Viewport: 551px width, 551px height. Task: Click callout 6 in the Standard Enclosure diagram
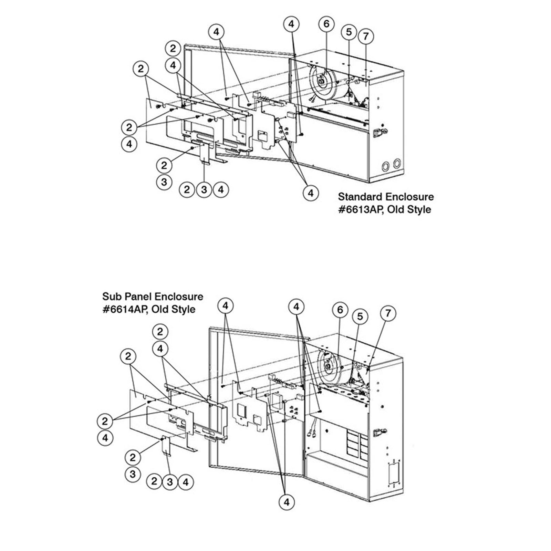326,24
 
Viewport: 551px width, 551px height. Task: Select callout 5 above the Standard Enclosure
349,32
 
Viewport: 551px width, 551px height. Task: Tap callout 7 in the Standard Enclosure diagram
366,36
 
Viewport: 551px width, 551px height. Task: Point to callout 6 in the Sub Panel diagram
340,310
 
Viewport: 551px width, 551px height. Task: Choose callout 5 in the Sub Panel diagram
360,316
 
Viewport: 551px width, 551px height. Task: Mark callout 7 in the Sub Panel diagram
388,313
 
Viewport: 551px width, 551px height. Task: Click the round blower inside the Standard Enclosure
324,83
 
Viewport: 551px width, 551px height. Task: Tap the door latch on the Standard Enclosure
381,132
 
